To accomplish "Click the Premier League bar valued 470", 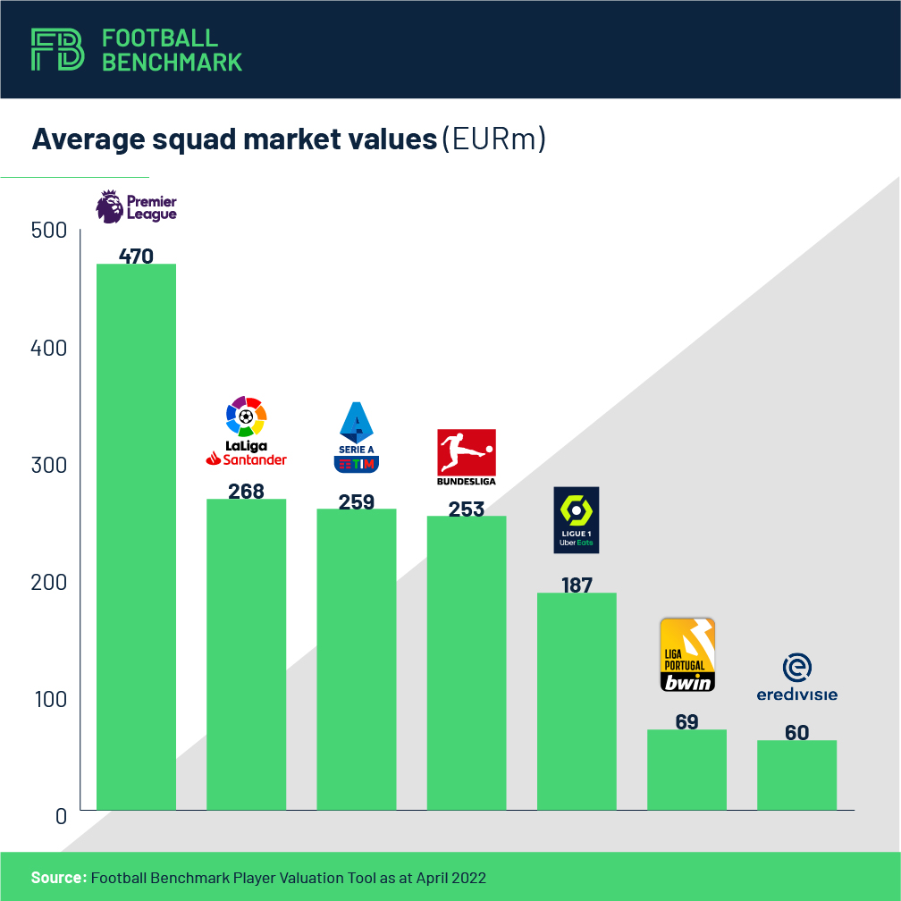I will click(x=136, y=536).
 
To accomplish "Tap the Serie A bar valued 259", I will click(x=357, y=659).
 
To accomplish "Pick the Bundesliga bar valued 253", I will click(x=467, y=662).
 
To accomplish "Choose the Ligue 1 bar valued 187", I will click(x=577, y=701).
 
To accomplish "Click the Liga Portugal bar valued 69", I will click(x=686, y=770).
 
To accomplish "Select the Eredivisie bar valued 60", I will click(x=796, y=775).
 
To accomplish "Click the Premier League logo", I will click(x=136, y=206).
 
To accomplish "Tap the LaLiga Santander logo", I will click(x=246, y=432).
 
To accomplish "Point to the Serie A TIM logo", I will click(x=357, y=437).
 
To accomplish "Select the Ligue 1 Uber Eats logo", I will click(x=577, y=519).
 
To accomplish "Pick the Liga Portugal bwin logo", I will click(x=686, y=655).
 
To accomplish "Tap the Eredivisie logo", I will click(x=796, y=678).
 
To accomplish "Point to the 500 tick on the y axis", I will click(x=49, y=231).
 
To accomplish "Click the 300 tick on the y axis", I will click(x=49, y=465).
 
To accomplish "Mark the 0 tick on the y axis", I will click(x=61, y=816).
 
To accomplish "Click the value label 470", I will click(x=136, y=257).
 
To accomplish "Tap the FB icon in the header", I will click(x=58, y=49).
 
